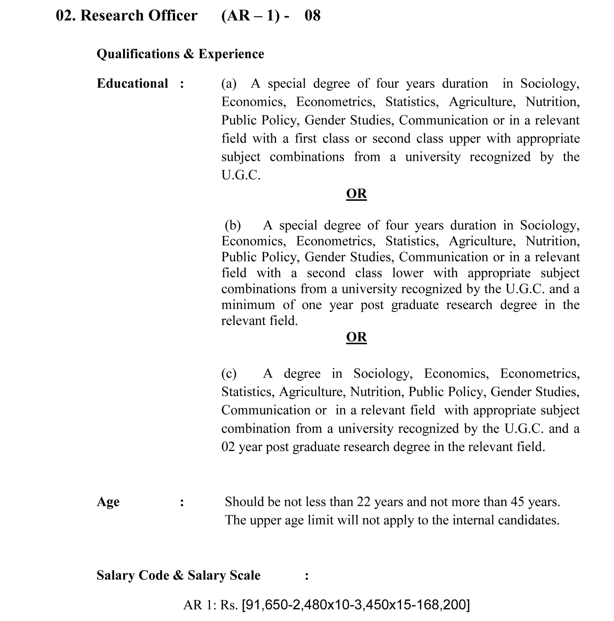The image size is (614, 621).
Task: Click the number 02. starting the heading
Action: click(66, 15)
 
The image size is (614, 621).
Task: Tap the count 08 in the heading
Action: click(312, 15)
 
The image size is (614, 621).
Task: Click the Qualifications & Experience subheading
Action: click(180, 54)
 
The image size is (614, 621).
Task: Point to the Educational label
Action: click(132, 83)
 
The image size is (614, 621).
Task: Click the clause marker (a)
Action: click(229, 83)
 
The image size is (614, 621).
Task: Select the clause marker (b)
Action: click(232, 225)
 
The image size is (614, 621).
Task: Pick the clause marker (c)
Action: click(229, 373)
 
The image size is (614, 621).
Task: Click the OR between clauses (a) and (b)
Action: click(356, 194)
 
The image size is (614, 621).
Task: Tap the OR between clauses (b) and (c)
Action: click(356, 337)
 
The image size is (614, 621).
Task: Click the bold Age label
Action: click(108, 502)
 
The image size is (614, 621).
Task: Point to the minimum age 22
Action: click(363, 502)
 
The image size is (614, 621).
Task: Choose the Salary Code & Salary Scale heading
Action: click(178, 575)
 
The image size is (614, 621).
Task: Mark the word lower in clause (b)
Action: click(407, 273)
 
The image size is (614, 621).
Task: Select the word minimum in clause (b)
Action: click(248, 305)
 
